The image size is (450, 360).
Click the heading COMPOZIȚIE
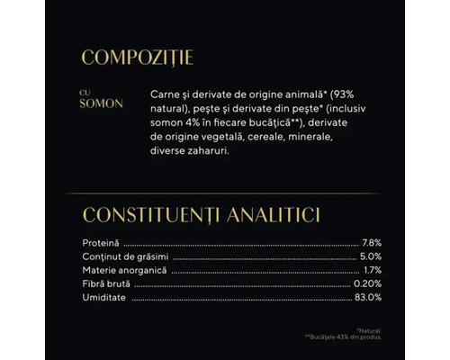point(137,59)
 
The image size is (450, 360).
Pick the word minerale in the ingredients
point(319,138)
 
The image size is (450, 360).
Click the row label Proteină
point(101,243)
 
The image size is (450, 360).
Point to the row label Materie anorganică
point(125,270)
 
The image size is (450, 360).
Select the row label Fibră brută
point(106,283)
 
